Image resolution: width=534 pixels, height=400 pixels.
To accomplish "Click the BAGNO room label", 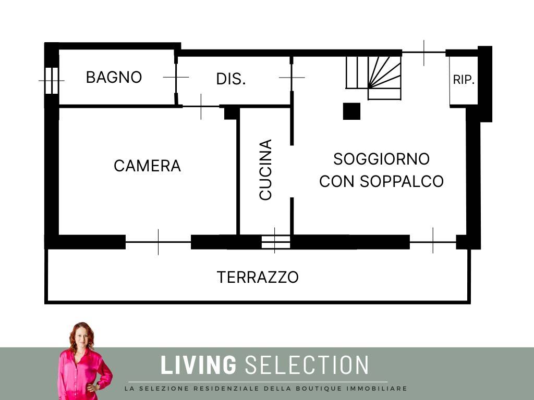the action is click(114, 77).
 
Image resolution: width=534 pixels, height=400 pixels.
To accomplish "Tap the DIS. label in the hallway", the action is click(231, 79).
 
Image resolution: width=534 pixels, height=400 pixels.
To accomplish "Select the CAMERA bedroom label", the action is click(147, 166).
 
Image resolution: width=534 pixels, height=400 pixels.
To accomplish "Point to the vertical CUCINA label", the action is click(265, 169).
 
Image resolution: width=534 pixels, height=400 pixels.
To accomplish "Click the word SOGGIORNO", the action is click(381, 159).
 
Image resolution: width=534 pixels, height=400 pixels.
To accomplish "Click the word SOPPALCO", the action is click(402, 181).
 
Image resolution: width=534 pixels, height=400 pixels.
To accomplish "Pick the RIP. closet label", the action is click(464, 80).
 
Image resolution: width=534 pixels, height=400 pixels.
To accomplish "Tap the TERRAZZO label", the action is click(258, 277).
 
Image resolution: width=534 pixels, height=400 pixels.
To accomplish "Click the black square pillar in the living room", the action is click(351, 111).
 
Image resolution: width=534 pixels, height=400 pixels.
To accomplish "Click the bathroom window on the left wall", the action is click(52, 81).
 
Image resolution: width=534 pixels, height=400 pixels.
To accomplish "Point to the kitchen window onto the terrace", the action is click(275, 242).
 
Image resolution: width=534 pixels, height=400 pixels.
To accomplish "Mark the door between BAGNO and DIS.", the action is click(176, 78).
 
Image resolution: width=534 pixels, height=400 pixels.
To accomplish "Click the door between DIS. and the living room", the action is click(292, 78).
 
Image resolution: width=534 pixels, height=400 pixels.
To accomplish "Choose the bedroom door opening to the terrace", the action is click(158, 242).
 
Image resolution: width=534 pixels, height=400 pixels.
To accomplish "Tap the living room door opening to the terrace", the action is click(433, 242).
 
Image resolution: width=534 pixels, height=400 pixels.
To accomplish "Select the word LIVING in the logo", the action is click(198, 365).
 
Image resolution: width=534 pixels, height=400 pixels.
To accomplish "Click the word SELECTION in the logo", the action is click(307, 365).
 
